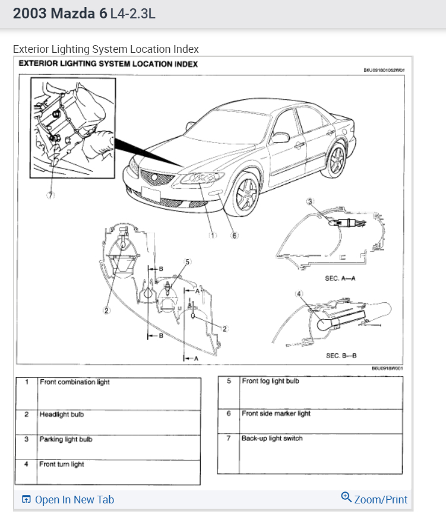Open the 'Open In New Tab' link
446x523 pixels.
point(68,500)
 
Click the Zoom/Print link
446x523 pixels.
point(375,499)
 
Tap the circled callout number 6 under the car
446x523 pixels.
point(235,235)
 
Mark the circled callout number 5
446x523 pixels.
point(188,262)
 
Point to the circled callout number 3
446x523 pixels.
point(309,202)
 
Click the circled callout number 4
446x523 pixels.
point(299,293)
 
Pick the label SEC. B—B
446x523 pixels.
point(341,356)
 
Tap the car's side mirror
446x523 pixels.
point(280,138)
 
